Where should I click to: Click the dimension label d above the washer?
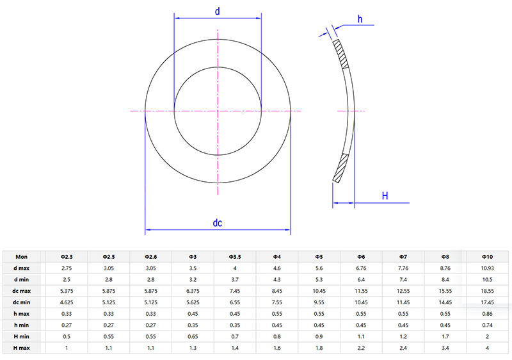point(218,11)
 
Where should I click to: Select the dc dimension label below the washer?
point(218,223)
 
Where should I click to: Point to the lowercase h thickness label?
point(360,19)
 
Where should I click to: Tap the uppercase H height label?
point(385,195)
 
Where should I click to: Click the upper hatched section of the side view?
point(341,54)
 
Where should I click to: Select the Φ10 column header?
point(488,256)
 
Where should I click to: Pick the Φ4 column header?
point(277,256)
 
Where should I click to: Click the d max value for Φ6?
point(362,267)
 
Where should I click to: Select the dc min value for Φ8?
point(446,302)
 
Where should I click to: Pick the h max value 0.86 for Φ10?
point(488,313)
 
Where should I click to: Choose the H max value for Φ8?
point(446,347)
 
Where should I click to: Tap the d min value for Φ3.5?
point(235,279)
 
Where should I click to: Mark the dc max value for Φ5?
point(319,290)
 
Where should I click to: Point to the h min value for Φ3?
point(193,325)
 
